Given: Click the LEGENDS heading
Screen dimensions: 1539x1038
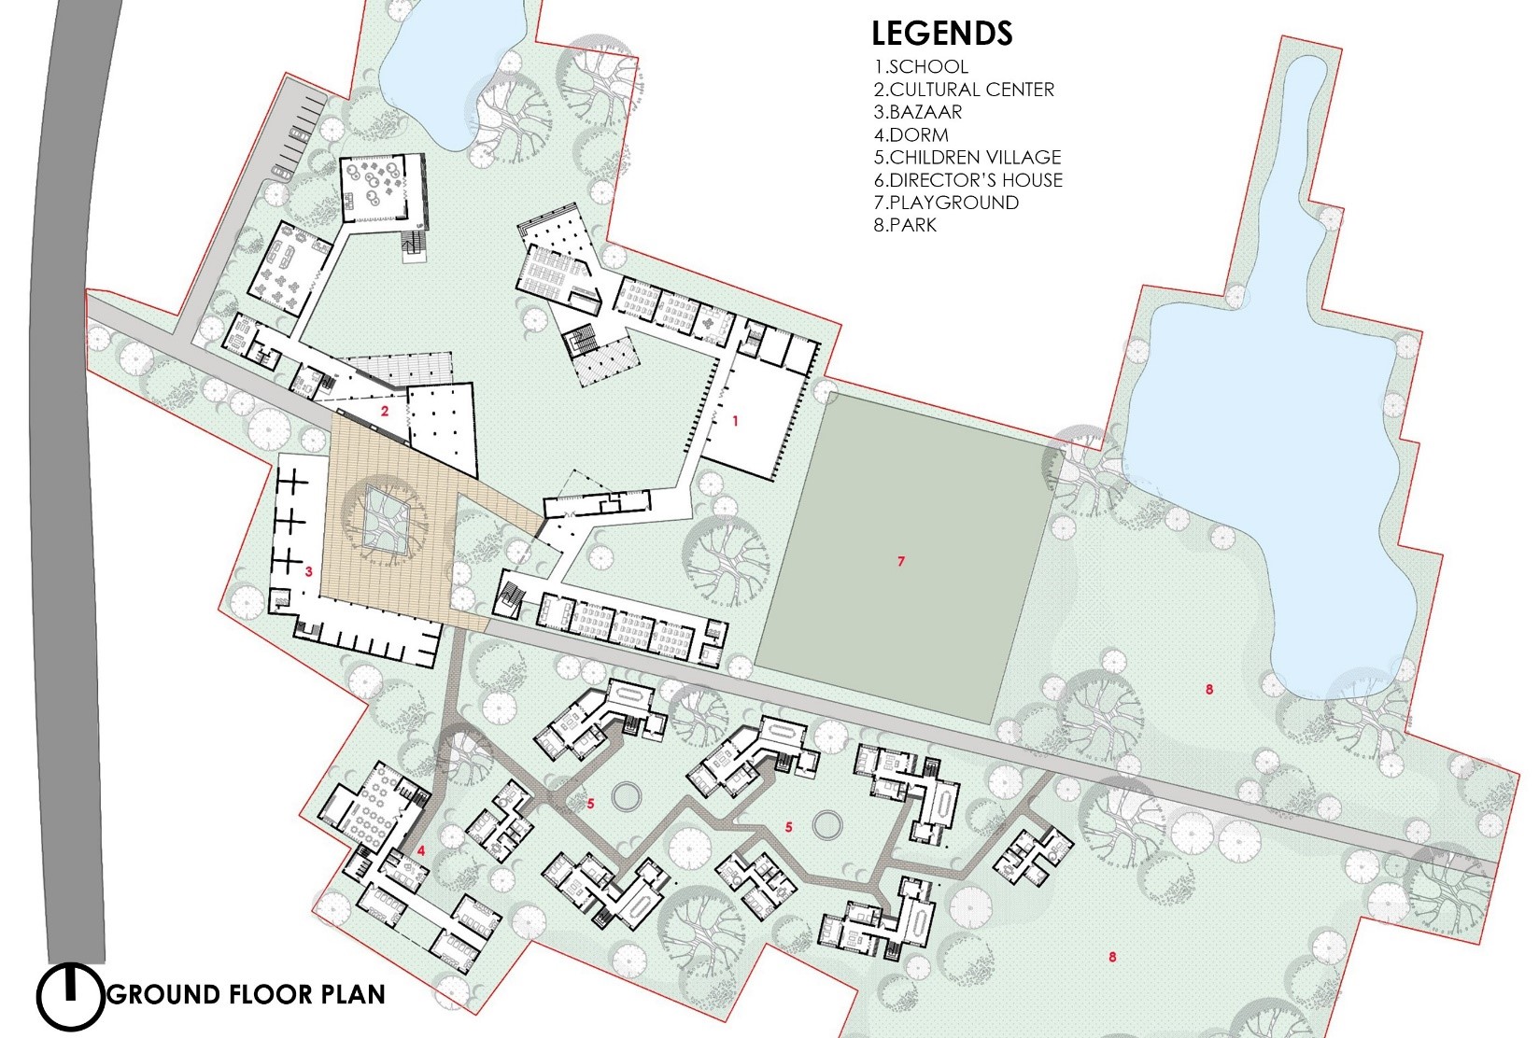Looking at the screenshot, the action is click(942, 33).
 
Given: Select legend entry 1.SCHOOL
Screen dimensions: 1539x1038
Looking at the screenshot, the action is click(921, 66).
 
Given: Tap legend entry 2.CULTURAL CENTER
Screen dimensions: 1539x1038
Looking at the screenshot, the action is click(963, 90).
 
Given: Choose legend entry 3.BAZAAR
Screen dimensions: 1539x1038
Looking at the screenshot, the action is click(917, 112).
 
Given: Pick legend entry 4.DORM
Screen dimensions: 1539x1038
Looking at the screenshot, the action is click(911, 134).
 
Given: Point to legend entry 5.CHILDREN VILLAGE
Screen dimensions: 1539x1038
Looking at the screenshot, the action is click(967, 158).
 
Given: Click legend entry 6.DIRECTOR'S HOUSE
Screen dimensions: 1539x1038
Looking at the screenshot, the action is click(968, 180).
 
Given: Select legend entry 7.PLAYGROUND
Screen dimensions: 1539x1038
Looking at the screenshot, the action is click(946, 203).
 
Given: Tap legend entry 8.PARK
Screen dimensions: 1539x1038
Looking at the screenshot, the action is click(905, 225).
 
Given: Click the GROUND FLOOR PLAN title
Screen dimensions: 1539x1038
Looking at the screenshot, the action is click(247, 994).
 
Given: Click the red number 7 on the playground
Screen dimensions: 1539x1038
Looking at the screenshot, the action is click(901, 561).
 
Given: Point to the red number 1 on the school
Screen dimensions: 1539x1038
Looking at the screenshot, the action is click(735, 420).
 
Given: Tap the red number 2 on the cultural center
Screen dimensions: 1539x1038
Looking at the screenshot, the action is click(385, 411).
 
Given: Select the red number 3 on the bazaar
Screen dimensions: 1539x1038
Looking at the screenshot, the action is click(309, 571).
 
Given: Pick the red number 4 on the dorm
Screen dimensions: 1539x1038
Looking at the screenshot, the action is click(421, 850).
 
